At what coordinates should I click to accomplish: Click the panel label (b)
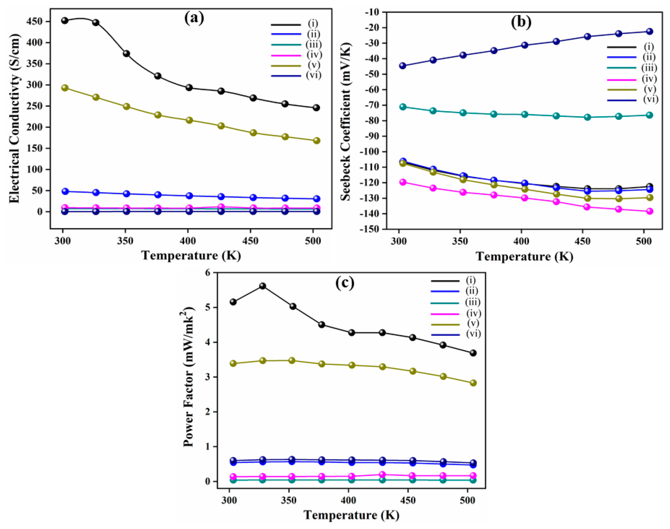point(521,22)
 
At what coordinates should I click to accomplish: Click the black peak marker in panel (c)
point(263,286)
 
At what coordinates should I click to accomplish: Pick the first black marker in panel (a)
point(65,20)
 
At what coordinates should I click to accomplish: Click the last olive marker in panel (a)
point(316,141)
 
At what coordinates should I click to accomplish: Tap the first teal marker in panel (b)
point(403,107)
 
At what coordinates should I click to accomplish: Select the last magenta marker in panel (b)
point(650,211)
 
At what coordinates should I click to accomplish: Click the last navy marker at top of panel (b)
point(650,32)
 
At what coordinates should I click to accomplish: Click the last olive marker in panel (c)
point(473,383)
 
